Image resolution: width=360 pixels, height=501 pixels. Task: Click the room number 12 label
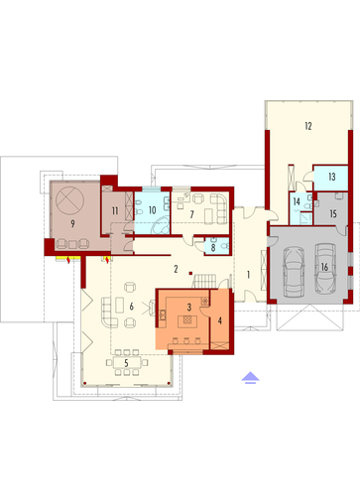308,126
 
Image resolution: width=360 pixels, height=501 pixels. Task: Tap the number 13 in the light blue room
331,175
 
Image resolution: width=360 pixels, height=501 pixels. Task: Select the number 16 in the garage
323,266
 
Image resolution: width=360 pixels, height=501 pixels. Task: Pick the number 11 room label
116,210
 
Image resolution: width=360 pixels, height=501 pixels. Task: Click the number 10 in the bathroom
152,209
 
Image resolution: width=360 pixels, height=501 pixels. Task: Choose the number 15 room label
333,212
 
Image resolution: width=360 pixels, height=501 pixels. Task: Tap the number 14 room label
297,202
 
